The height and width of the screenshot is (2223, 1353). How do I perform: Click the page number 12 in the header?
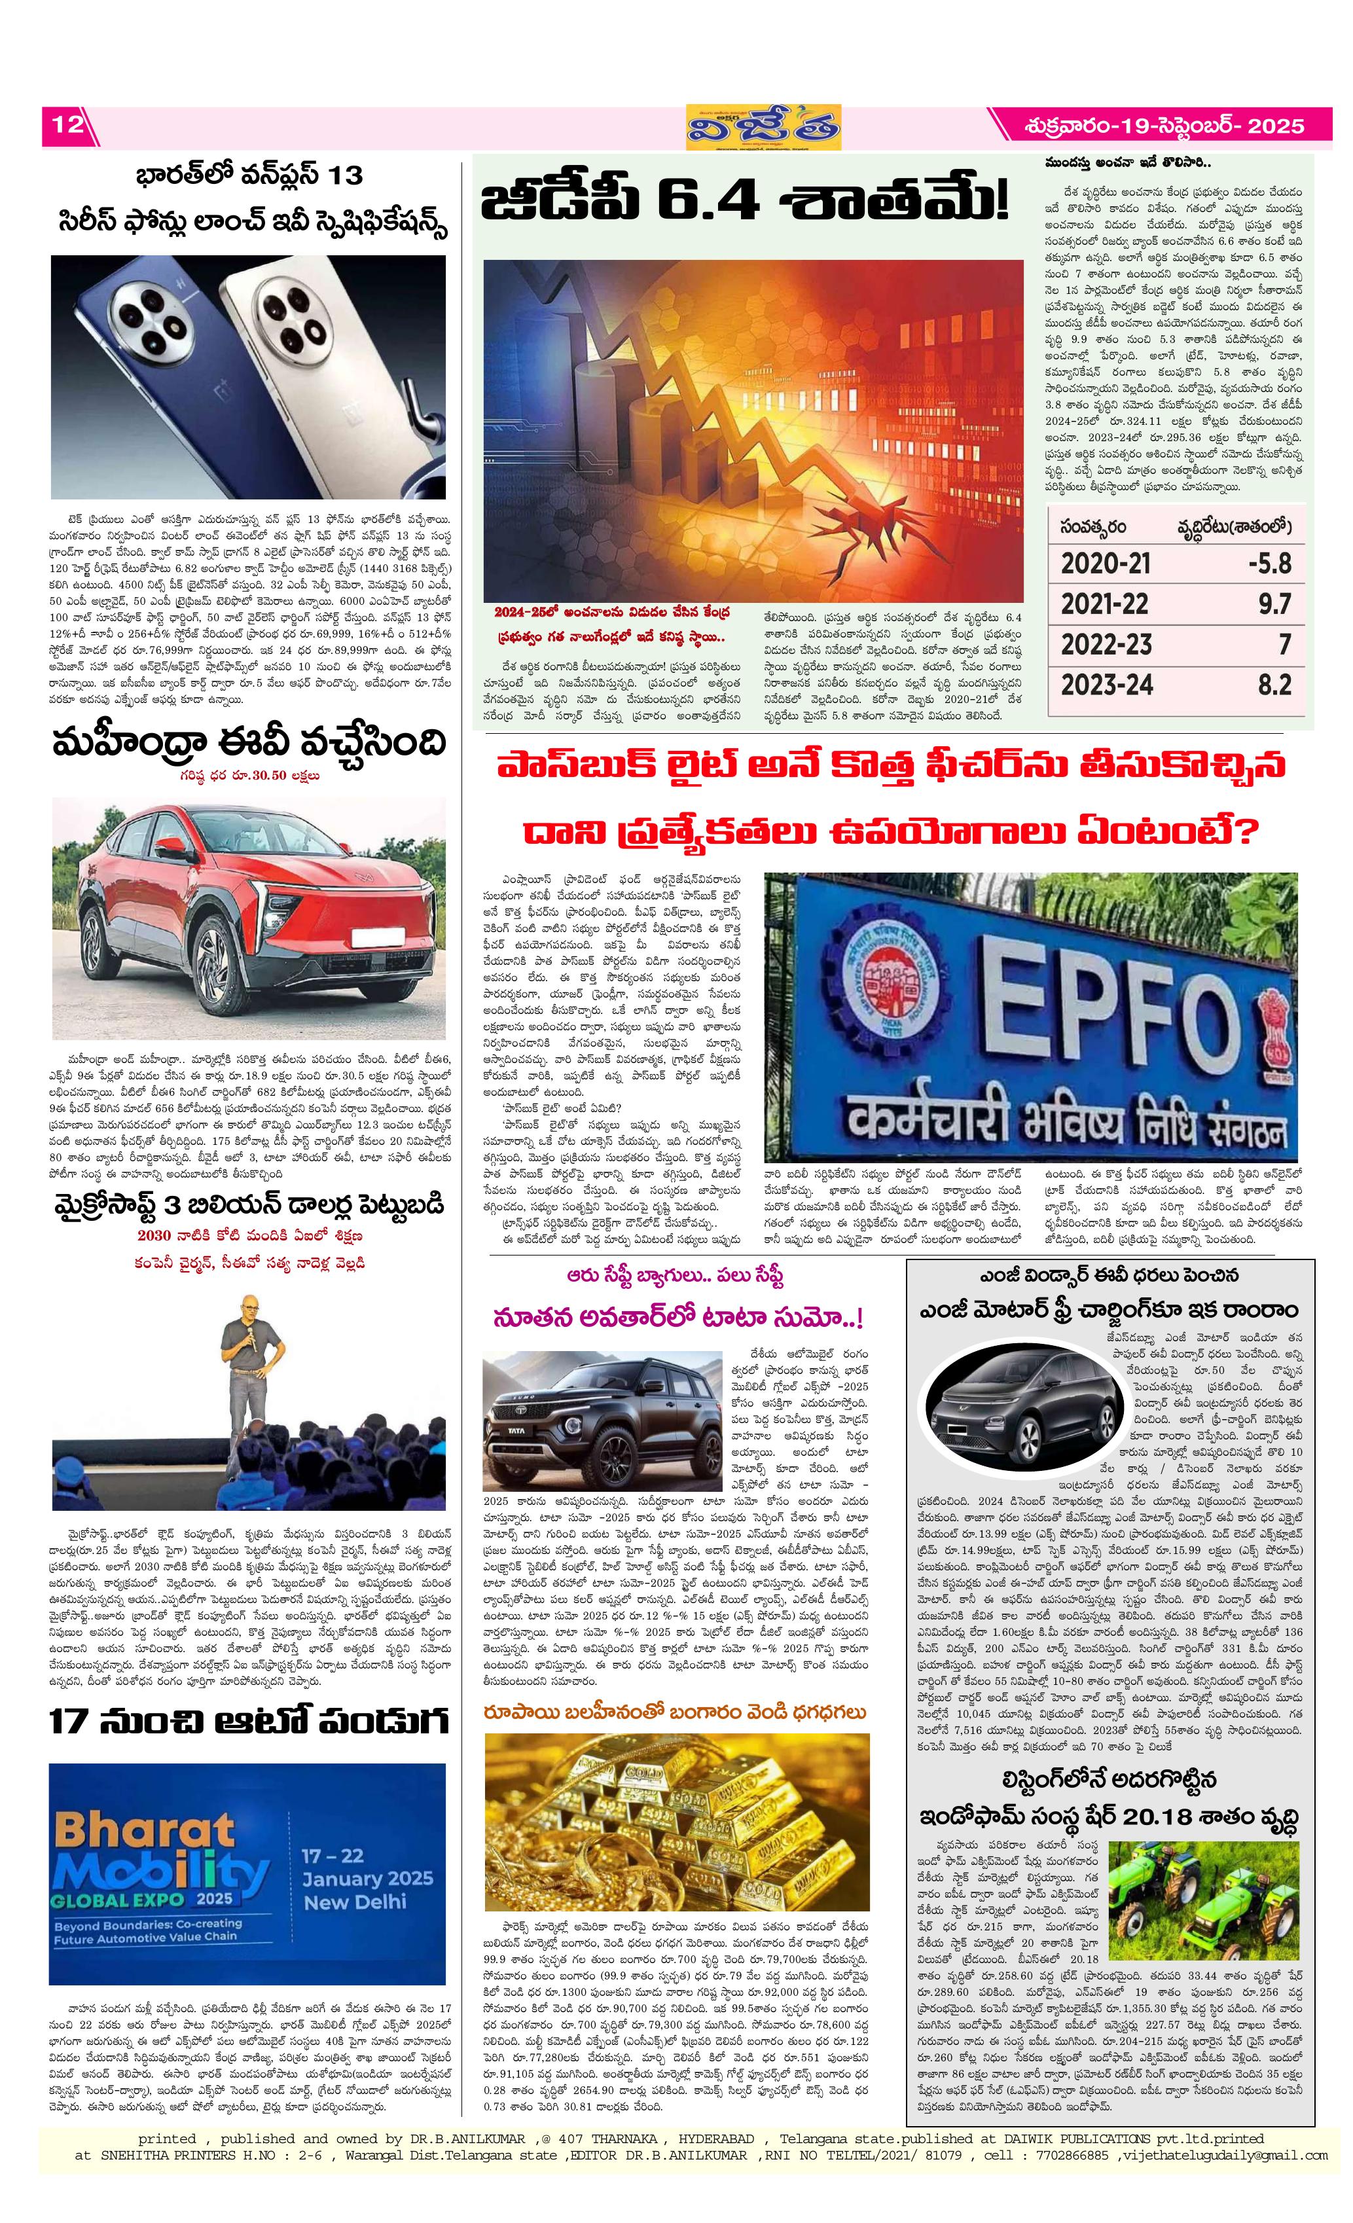pos(67,124)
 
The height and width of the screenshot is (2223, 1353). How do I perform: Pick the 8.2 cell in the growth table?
pos(1274,685)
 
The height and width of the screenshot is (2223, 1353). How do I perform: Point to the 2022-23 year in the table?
pos(1106,644)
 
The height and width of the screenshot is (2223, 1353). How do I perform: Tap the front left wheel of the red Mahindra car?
pos(212,967)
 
